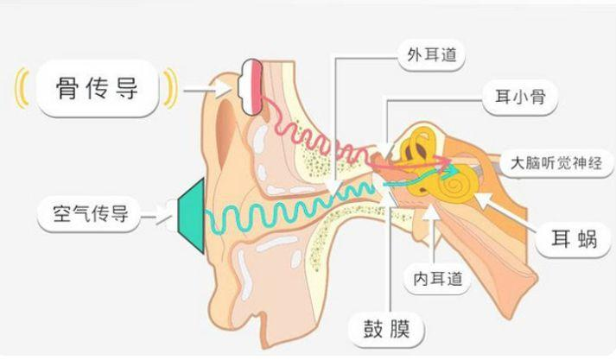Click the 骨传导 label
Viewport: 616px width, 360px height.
(x=97, y=88)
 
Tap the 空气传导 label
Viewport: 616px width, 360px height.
(x=90, y=214)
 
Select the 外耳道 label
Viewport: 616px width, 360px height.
(x=432, y=55)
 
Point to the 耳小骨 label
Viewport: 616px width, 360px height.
(x=520, y=98)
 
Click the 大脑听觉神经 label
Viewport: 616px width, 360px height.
(x=556, y=163)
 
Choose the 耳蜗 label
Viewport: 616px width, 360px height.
(x=574, y=239)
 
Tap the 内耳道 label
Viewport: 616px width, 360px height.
(x=437, y=279)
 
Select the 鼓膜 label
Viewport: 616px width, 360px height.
(x=386, y=329)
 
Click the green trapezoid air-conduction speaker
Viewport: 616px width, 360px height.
(x=191, y=216)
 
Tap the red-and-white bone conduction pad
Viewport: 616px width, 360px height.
(x=251, y=86)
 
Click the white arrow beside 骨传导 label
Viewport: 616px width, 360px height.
(x=208, y=91)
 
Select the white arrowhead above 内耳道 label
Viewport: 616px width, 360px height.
(x=431, y=212)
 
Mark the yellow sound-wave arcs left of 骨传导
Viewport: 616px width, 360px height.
(x=22, y=88)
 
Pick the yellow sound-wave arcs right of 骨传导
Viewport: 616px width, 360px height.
(x=170, y=88)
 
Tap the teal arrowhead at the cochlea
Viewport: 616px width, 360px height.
(x=453, y=170)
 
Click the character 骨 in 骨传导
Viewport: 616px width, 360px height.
(x=68, y=88)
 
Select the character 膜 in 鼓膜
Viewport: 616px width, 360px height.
(x=399, y=329)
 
